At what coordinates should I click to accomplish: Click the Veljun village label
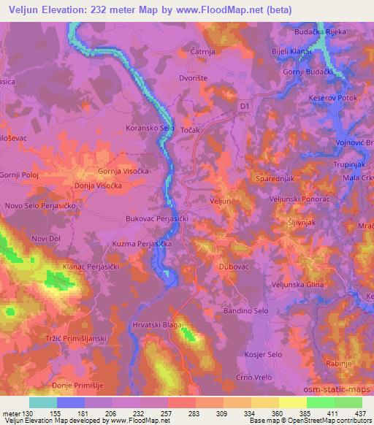click(220, 200)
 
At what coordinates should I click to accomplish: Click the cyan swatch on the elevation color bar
click(42, 402)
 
